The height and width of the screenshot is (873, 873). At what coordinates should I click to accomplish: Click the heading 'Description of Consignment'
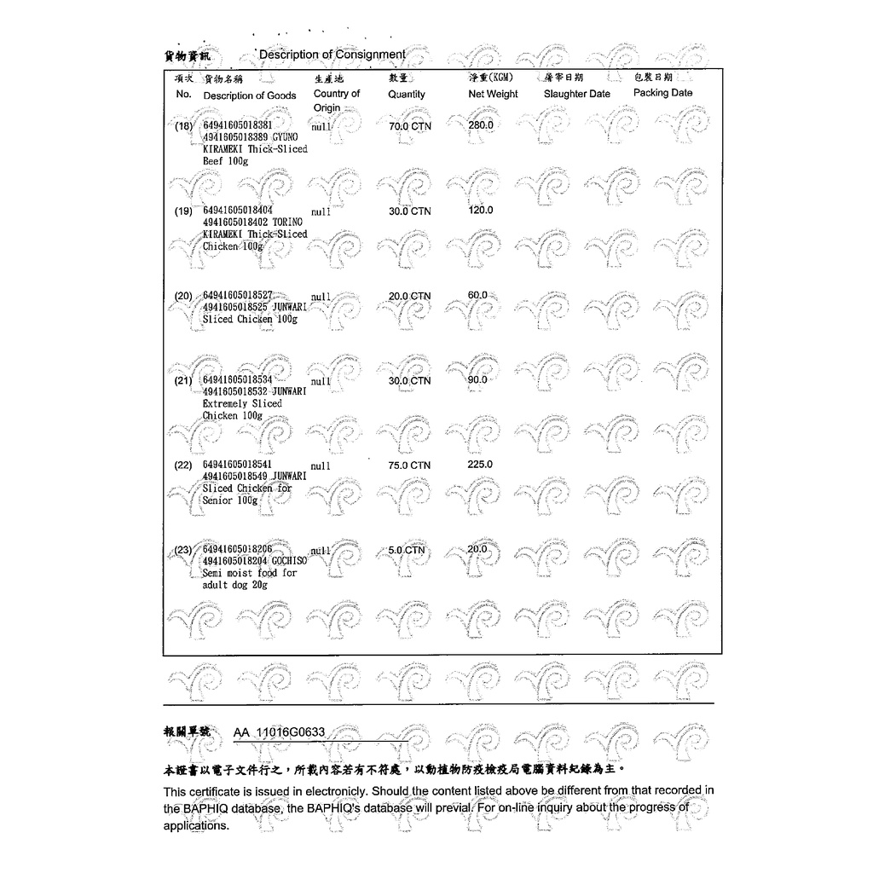(332, 55)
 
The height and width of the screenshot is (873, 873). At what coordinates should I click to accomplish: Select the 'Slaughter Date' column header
(576, 94)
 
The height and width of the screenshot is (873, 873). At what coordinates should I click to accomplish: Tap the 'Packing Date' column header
(662, 93)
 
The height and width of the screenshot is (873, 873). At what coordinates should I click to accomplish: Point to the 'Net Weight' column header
(493, 94)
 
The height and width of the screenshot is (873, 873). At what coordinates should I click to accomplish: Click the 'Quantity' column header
(406, 95)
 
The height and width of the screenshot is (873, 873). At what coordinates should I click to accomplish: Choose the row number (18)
(184, 126)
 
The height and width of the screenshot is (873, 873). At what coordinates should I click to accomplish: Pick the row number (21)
(184, 381)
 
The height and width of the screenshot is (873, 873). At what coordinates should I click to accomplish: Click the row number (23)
(184, 551)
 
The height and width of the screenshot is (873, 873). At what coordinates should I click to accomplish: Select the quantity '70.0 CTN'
(409, 126)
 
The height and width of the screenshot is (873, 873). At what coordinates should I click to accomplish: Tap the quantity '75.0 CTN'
(409, 465)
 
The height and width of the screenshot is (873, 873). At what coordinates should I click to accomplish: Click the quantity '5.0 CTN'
(406, 551)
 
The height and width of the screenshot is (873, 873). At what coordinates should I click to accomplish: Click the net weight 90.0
(477, 379)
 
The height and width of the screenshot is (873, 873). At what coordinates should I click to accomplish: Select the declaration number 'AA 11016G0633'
(279, 733)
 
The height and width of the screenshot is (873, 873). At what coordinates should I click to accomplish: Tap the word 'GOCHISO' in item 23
(290, 562)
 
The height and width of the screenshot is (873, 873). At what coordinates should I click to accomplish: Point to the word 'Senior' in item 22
(218, 500)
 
